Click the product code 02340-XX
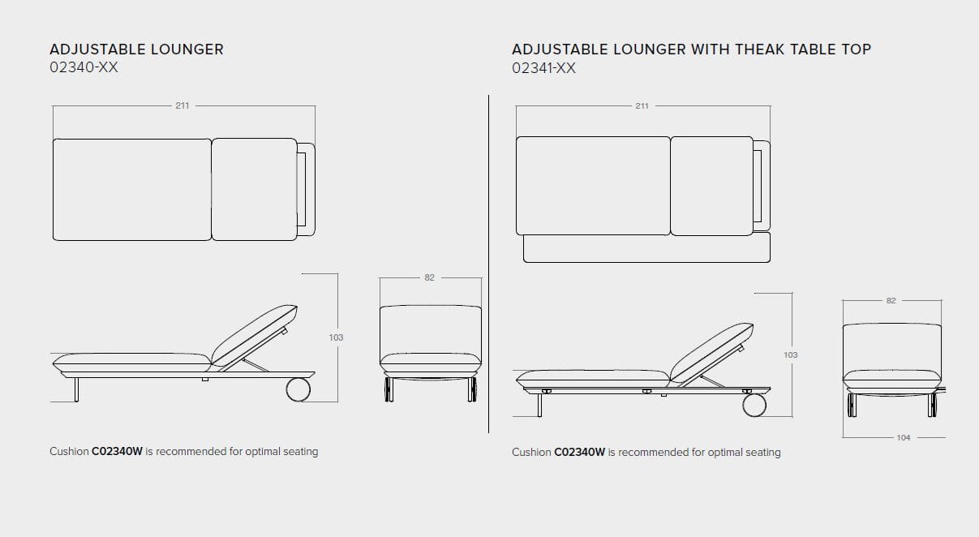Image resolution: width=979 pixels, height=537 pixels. click(84, 67)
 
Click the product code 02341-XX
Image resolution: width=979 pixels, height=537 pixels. click(543, 68)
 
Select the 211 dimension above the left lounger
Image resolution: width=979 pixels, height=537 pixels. click(182, 105)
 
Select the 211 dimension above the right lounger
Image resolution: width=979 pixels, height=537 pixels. click(642, 105)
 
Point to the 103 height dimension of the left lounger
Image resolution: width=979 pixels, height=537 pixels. click(336, 337)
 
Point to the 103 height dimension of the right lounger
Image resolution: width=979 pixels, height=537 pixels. click(791, 354)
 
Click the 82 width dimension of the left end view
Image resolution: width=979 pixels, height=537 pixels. click(430, 277)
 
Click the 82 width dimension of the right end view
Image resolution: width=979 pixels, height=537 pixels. click(891, 301)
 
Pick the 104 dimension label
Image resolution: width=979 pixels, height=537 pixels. click(904, 437)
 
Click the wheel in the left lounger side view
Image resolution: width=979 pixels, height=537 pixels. click(298, 389)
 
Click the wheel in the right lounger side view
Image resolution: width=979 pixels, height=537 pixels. click(754, 405)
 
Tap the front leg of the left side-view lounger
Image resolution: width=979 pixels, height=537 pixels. click(76, 389)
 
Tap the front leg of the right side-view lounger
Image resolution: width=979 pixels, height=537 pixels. click(539, 405)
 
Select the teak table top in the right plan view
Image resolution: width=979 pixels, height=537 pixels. click(646, 248)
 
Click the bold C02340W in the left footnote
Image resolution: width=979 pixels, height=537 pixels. click(117, 451)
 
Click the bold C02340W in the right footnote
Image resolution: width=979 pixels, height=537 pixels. click(580, 453)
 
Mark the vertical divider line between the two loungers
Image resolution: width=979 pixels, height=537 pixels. click(488, 264)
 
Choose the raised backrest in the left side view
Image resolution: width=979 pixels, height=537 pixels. click(255, 335)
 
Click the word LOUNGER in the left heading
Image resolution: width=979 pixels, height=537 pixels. click(187, 49)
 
